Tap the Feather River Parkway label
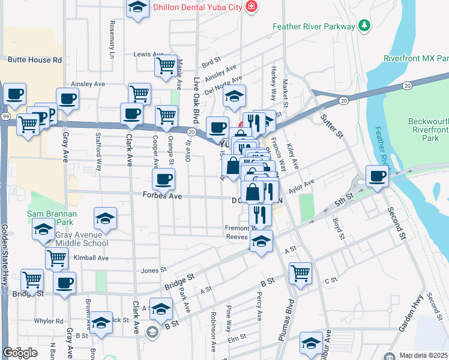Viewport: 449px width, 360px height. (314, 26)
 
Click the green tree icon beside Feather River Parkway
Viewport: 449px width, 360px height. (364, 26)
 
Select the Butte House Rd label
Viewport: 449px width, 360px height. (35, 60)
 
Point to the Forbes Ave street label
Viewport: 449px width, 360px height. (162, 195)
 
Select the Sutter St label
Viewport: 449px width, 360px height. (331, 127)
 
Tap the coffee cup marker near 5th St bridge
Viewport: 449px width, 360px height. (377, 176)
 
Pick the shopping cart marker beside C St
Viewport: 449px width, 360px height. (300, 273)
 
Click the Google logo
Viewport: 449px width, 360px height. (20, 353)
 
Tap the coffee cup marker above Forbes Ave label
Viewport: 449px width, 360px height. (162, 178)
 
